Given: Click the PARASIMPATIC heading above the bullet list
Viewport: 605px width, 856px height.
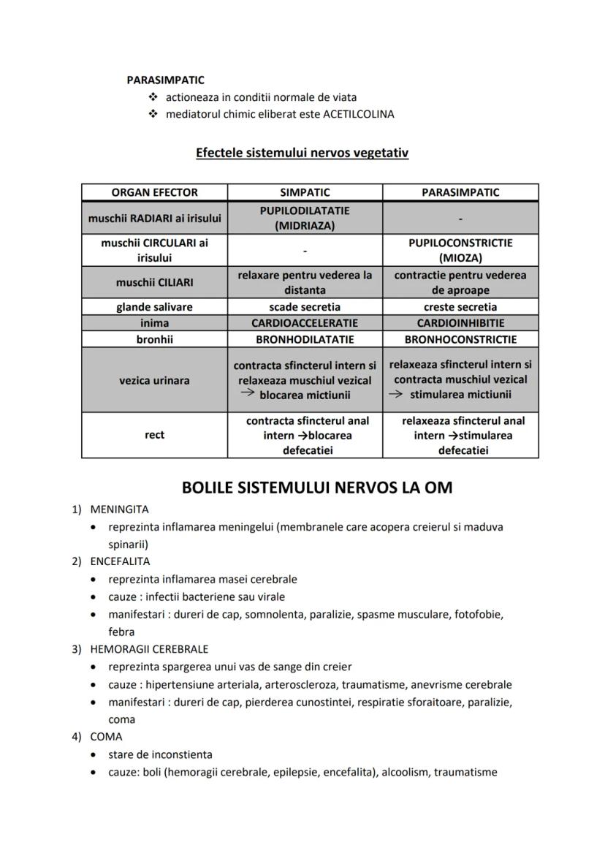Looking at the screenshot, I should coord(165,80).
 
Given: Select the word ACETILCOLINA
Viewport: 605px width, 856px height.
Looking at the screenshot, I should coord(358,114).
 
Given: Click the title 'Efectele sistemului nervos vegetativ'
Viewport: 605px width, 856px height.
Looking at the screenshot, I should coord(302,153).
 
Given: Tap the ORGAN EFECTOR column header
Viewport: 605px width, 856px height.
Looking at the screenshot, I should coord(154,192).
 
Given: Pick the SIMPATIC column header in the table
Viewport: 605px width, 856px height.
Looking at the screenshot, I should coord(305,192).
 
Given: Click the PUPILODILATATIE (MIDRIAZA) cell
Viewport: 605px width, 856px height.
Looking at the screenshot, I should coord(305,218).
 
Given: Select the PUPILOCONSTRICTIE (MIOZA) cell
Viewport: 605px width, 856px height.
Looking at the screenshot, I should coord(460,250).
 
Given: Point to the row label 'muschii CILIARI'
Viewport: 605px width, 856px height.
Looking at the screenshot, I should coord(154,282).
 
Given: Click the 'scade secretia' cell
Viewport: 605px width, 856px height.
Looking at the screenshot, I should coord(305,307).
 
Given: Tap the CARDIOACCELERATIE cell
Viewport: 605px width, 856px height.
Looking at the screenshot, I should coord(305,323).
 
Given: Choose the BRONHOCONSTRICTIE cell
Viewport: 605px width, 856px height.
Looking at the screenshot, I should coord(460,339).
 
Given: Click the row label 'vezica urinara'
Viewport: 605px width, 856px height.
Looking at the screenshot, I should coord(154,380).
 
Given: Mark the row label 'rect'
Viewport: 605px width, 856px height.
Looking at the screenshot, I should coord(154,435).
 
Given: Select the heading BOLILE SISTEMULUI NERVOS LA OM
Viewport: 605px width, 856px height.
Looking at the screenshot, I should coord(316,487).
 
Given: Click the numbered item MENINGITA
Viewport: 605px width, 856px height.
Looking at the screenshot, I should coord(119,509).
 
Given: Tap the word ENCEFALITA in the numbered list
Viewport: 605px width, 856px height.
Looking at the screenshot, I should coord(120,561).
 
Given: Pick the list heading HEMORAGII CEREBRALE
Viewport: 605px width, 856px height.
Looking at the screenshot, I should coord(149,649).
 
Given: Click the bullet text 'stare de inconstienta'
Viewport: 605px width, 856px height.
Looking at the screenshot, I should coord(160,754).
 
